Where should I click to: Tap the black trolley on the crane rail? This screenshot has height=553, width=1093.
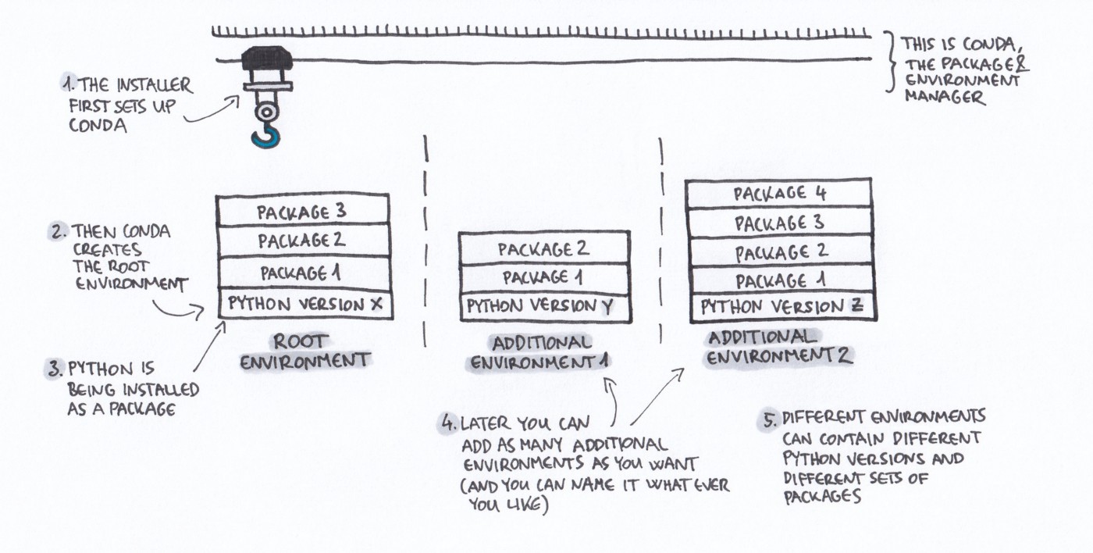pos(266,58)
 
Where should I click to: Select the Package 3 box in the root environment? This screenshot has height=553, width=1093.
pos(303,210)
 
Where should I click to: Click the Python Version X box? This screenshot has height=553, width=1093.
pos(305,304)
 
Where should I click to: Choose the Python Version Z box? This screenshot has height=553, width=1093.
pos(783,307)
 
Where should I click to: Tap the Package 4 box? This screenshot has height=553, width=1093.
pos(778,193)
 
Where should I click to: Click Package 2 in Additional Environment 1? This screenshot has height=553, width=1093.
pos(544,249)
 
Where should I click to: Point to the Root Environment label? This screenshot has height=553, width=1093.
pos(305,351)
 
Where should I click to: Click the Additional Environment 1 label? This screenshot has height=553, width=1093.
pos(540,353)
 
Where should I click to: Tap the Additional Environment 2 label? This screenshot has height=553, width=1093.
pos(779,348)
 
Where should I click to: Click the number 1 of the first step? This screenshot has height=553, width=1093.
pos(69,84)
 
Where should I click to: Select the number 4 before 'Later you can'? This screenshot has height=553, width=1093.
pos(447,423)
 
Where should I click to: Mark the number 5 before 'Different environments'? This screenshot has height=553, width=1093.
pos(770,419)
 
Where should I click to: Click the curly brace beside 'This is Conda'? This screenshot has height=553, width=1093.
pos(891,62)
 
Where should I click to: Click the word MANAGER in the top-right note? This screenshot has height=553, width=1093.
pos(945,97)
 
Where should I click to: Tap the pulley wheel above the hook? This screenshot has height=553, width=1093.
pos(266,112)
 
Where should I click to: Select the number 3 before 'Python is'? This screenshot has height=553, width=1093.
pos(55,369)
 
